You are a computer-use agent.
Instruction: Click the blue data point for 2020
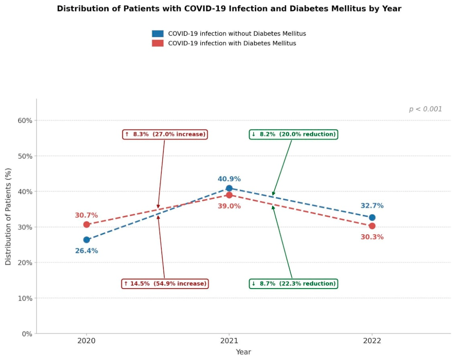coord(87,240)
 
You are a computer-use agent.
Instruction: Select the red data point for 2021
coord(229,195)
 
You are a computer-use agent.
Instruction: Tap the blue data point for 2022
coord(372,217)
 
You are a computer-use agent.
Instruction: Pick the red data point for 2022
coord(372,226)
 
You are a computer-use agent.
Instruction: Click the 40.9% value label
coord(229,179)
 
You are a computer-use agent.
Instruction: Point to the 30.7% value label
coord(87,215)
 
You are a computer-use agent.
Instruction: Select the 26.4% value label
coord(87,251)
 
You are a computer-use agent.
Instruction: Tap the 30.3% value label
coord(372,237)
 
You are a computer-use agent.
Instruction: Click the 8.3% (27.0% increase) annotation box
coord(165,134)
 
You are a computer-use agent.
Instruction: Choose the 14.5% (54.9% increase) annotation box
coord(165,283)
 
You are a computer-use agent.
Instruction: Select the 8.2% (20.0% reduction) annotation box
coord(293,134)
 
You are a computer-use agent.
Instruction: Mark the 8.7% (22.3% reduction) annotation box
coord(293,283)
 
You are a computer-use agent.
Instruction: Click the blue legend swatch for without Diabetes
coord(158,33)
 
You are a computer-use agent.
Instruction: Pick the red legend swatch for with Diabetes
coord(158,43)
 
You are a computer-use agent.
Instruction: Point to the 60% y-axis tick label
coord(25,120)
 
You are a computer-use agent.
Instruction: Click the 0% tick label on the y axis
coord(27,334)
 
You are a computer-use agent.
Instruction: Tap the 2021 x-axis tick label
coord(229,341)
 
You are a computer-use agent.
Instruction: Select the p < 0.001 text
coord(426,109)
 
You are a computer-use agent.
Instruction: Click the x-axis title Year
coord(243,352)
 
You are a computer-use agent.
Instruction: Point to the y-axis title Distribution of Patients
coord(8,216)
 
